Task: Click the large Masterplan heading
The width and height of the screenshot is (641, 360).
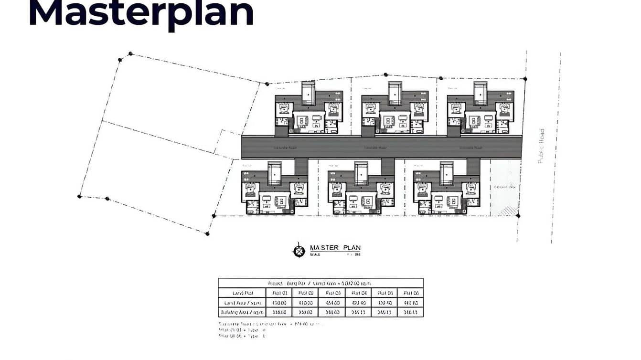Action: [141, 13]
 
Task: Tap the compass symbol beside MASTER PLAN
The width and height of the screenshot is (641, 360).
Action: [299, 250]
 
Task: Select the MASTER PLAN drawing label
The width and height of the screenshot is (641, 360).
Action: [335, 248]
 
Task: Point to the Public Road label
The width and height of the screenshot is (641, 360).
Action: [541, 146]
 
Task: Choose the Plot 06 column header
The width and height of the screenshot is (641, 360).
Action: [410, 293]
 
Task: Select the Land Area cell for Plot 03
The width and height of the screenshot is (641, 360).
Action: [331, 303]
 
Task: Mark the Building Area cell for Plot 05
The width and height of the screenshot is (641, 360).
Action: [384, 312]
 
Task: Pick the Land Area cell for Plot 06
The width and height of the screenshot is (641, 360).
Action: [410, 303]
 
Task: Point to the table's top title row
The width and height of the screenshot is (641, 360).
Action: [320, 283]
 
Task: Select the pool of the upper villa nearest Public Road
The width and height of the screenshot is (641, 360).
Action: [480, 93]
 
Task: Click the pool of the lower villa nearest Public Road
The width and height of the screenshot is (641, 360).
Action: [447, 172]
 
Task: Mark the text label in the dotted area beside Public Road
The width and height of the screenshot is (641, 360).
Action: [505, 187]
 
